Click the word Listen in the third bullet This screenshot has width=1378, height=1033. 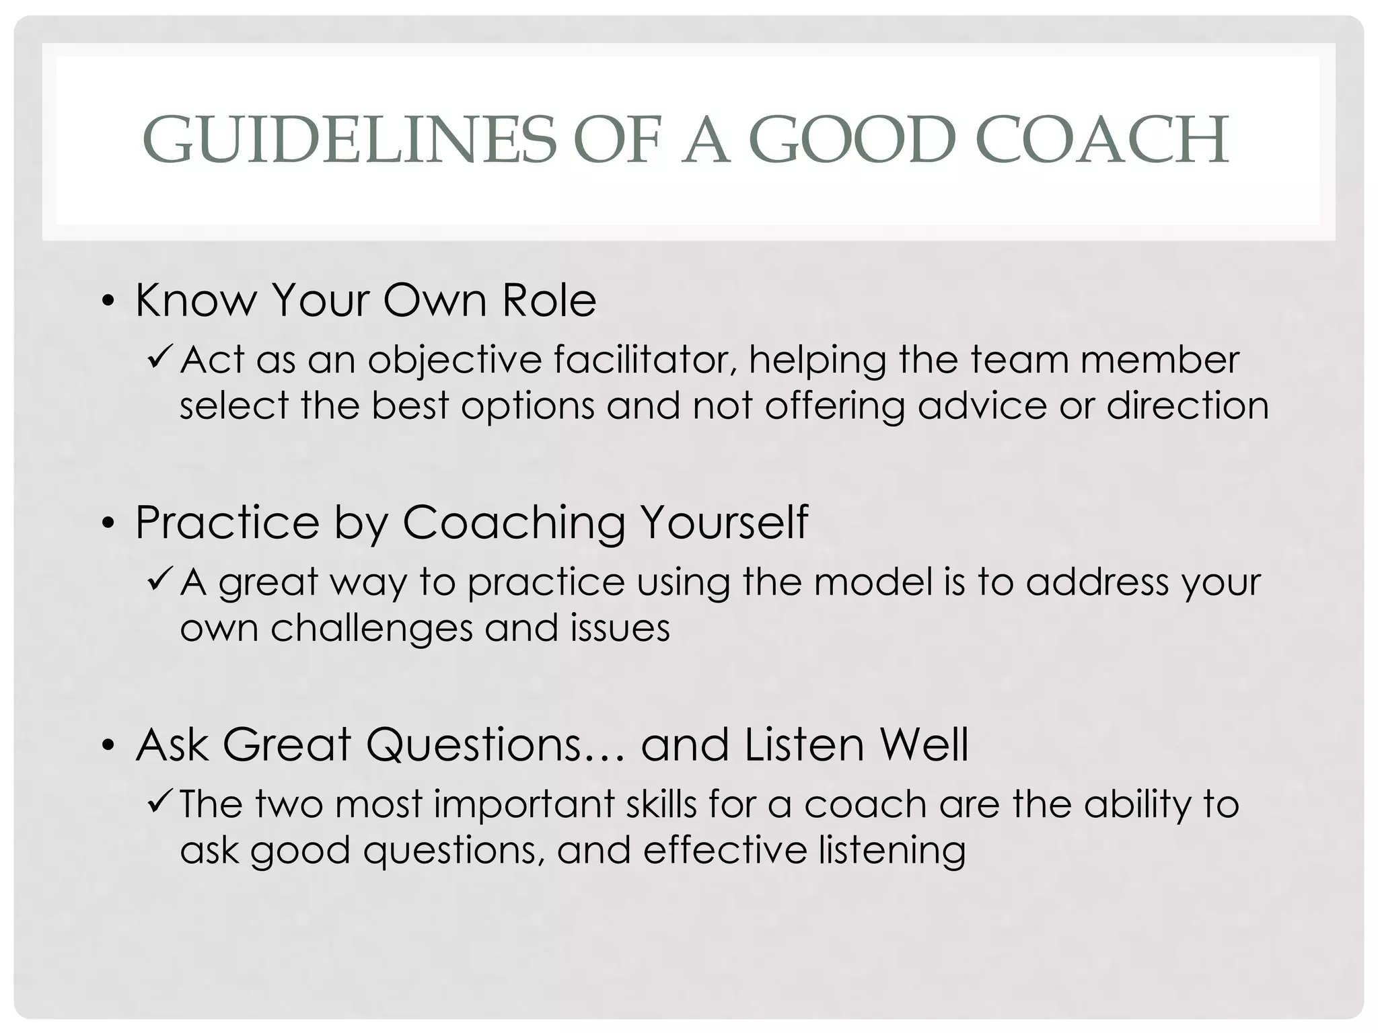[804, 744]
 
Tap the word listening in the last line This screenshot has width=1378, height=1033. [892, 851]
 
